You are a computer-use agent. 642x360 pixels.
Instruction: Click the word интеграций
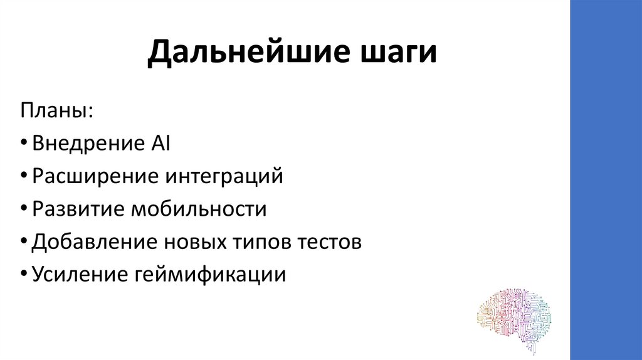click(x=224, y=176)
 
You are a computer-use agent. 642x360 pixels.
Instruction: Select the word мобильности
click(x=198, y=209)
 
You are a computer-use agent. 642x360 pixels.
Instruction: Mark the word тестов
click(x=329, y=241)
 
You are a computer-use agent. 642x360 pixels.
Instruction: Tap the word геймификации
click(x=208, y=274)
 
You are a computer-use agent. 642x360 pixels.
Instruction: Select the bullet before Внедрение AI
click(x=23, y=144)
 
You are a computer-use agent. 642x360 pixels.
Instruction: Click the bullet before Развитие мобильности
click(x=23, y=209)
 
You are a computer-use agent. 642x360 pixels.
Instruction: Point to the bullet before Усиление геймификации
click(x=23, y=275)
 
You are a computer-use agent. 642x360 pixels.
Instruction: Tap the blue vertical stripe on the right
click(x=606, y=180)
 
